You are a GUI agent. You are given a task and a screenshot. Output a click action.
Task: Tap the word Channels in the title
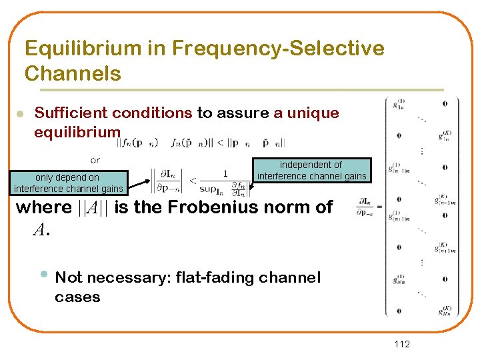(73, 73)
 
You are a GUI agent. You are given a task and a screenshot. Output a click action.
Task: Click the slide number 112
(402, 344)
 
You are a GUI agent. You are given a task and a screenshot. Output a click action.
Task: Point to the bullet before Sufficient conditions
(20, 115)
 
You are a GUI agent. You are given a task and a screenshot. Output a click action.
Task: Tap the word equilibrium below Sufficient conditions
(77, 131)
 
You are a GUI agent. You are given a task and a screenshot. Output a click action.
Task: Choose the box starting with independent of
(311, 170)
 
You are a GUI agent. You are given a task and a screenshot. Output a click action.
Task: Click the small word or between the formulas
(95, 159)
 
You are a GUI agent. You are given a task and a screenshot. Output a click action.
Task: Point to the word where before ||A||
(44, 207)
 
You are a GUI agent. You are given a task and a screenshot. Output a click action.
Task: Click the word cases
(77, 297)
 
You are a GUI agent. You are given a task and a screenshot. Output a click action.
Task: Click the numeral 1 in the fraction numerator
(225, 174)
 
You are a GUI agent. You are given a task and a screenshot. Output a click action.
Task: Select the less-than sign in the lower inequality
(193, 180)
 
